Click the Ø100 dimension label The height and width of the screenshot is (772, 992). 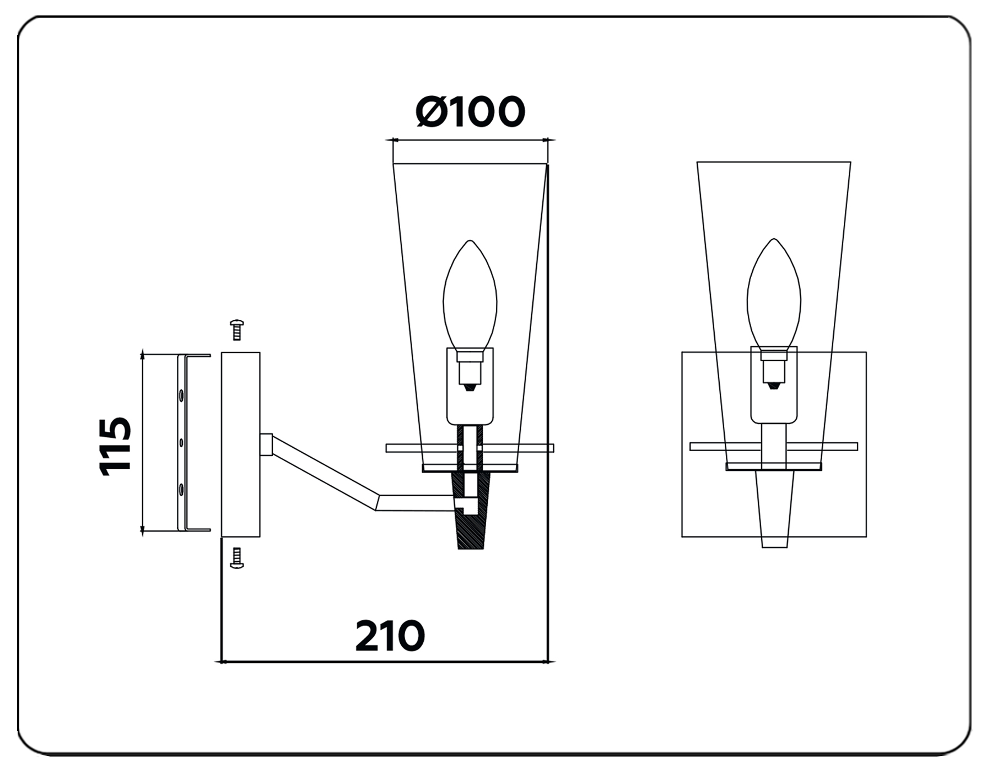470,112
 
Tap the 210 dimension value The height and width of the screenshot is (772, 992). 390,636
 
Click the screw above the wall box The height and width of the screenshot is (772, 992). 237,330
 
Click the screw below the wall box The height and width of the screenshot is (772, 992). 237,557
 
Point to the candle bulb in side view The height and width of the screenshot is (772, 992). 470,295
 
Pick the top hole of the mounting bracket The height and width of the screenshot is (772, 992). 180,395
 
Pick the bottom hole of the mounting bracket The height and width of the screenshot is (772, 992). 180,488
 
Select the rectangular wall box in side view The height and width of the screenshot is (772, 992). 240,444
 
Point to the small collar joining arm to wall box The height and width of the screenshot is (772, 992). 266,444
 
